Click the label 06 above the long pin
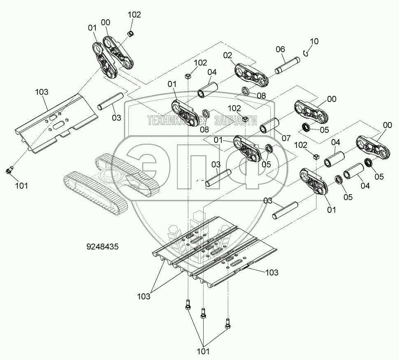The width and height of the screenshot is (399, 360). [280, 49]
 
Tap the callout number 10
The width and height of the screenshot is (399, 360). [314, 42]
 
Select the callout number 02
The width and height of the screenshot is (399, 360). [228, 55]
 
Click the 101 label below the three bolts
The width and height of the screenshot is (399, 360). [202, 351]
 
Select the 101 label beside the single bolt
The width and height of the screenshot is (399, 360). [21, 186]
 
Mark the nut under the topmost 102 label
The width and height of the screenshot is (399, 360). [130, 33]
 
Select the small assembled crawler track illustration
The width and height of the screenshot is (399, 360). [111, 181]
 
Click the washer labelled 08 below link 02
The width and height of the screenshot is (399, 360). [245, 91]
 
